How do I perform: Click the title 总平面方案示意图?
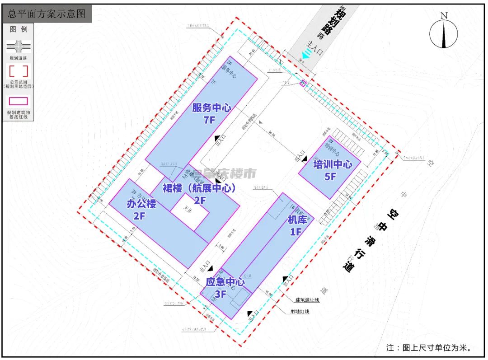pyautogui.click(x=47, y=14)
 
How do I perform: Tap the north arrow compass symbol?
pyautogui.click(x=444, y=33)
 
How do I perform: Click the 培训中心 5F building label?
pyautogui.click(x=333, y=170)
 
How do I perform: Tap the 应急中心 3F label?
pyautogui.click(x=225, y=288)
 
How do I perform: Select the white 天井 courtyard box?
pyautogui.click(x=189, y=212)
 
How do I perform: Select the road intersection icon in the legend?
pyautogui.click(x=19, y=47)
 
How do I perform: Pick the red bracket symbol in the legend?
pyautogui.click(x=19, y=71)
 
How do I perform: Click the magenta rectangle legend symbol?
pyautogui.click(x=19, y=101)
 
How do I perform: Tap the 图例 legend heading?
pyautogui.click(x=19, y=29)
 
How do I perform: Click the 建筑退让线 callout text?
pyautogui.click(x=308, y=300)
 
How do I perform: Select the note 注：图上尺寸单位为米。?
pyautogui.click(x=429, y=348)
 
